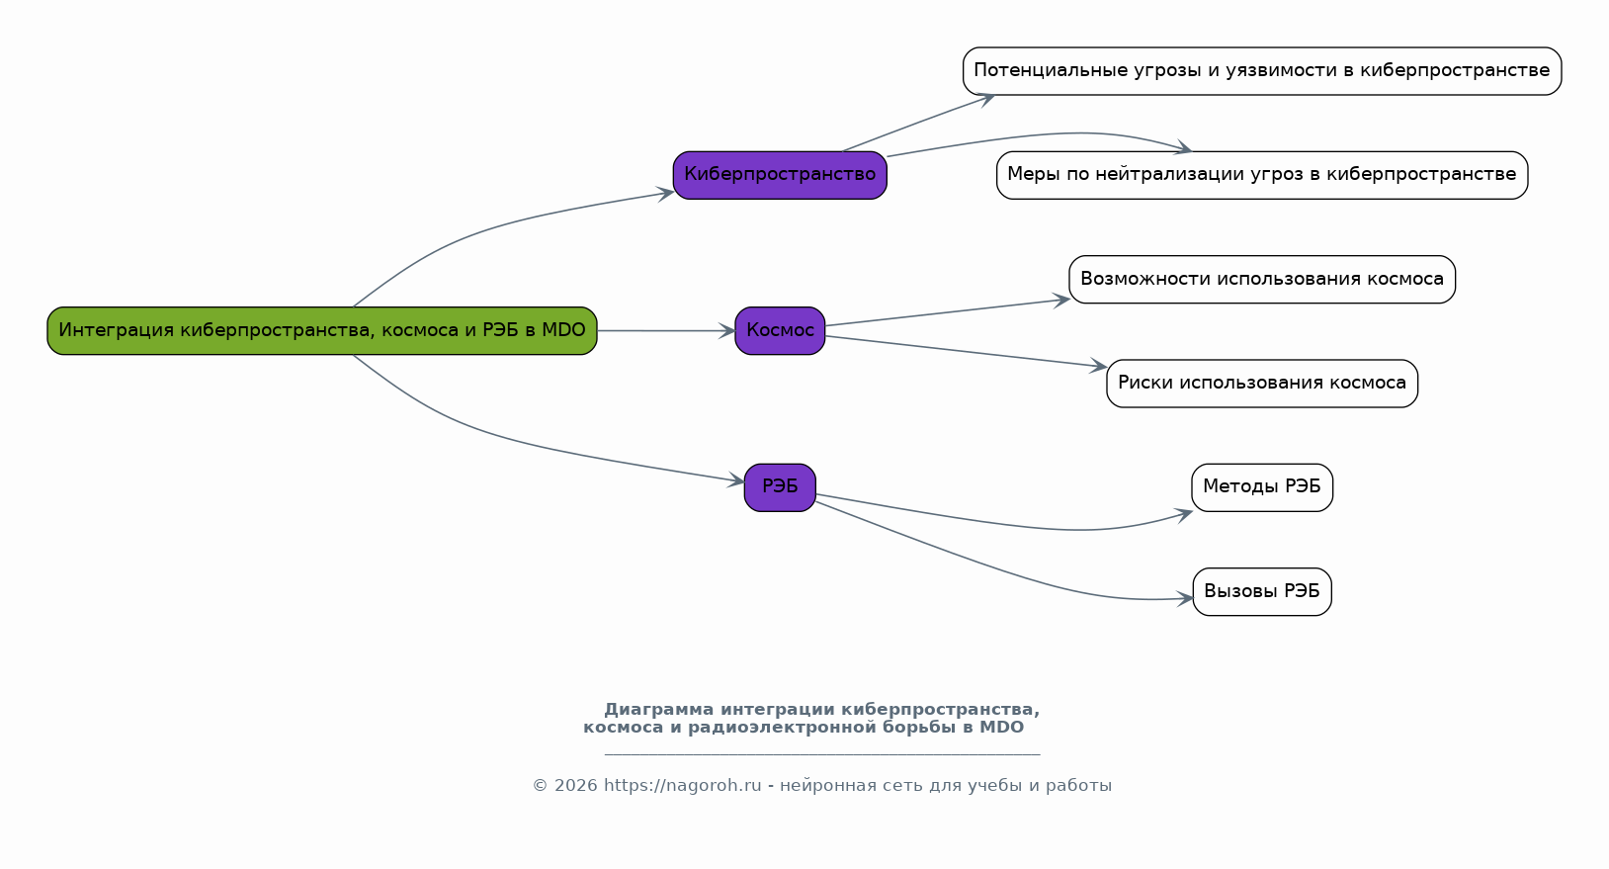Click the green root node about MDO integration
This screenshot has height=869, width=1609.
point(322,330)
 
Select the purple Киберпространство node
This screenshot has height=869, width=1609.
point(780,175)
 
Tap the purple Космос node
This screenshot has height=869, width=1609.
point(780,330)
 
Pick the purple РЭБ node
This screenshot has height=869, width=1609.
point(780,487)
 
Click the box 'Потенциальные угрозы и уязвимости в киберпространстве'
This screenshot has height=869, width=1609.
point(1261,71)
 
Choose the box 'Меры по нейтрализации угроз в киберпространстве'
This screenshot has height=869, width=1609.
point(1261,175)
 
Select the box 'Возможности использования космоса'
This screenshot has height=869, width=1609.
point(1261,279)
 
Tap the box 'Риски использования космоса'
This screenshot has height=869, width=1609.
point(1261,383)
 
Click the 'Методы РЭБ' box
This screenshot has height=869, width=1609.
point(1261,487)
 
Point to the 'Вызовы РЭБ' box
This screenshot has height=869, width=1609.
point(1261,591)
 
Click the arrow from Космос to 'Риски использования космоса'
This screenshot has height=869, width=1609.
point(964,352)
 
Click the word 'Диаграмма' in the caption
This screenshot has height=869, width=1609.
point(659,710)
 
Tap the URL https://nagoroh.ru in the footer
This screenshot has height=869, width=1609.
point(682,786)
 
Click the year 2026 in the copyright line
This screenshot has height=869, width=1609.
point(575,786)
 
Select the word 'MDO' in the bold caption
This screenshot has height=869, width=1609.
point(1001,728)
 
